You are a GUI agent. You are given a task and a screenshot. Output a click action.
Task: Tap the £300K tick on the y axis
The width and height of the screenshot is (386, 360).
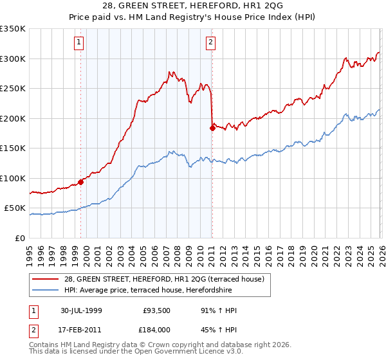tap(13, 59)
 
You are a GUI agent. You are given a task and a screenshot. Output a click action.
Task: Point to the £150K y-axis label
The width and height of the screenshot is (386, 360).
tap(13, 148)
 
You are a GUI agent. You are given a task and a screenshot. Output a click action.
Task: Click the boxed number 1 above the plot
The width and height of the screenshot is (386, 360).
tap(78, 43)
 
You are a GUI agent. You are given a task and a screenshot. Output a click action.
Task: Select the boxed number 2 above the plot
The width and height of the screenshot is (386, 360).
tap(210, 43)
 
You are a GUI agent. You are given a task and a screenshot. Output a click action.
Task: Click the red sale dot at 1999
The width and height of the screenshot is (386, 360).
tap(81, 182)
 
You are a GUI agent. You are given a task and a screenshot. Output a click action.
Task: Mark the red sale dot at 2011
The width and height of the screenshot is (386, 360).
tap(212, 128)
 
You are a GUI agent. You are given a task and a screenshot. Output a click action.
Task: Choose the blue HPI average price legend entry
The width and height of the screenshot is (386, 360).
tap(155, 290)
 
